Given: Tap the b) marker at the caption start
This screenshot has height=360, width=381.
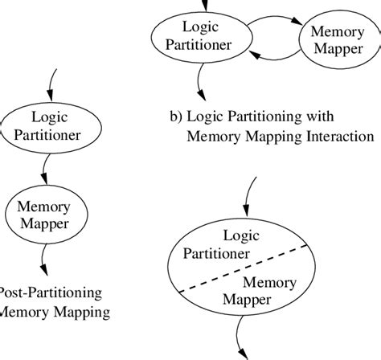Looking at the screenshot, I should pyautogui.click(x=177, y=118).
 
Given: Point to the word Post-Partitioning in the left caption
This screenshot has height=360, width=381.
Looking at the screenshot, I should pyautogui.click(x=50, y=292).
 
